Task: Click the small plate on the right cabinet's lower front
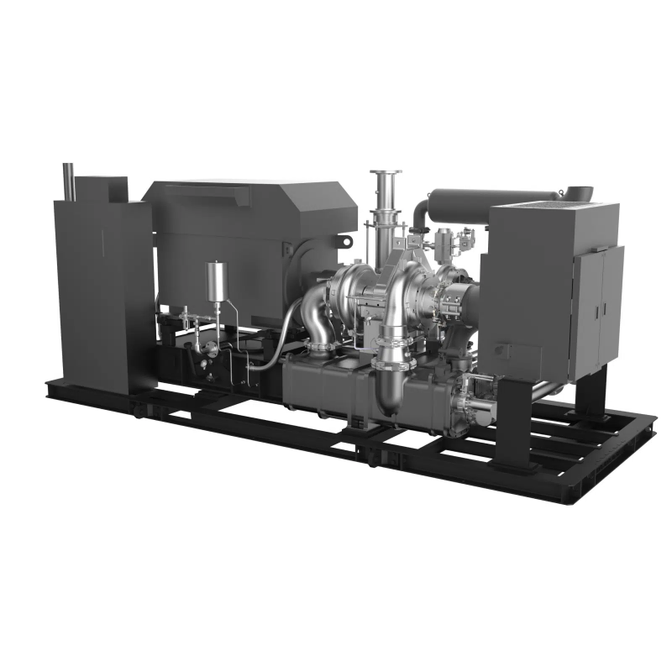pyautogui.click(x=503, y=349)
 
